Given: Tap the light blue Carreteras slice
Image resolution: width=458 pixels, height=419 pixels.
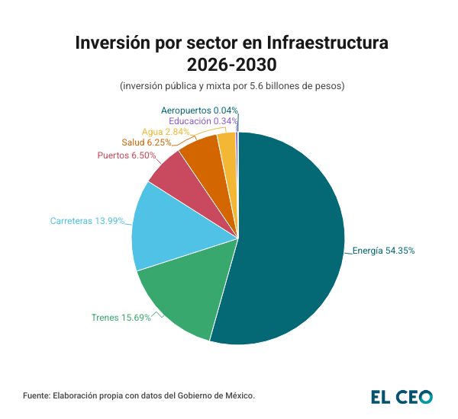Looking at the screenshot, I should point(164,229).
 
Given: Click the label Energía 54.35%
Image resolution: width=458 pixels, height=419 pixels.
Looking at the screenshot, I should point(383,250).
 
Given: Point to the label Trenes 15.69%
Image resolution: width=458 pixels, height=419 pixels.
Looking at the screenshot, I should point(121,317).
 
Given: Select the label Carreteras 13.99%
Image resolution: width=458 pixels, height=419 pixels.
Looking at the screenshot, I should point(87,221).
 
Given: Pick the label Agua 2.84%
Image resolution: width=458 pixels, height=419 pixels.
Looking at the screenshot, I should point(160,131).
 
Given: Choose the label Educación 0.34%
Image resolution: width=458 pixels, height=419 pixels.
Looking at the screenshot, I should point(202,120).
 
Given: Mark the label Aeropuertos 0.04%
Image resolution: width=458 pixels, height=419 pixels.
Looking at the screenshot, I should point(199,110).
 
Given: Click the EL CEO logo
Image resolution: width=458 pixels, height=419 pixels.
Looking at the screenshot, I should point(402,396).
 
